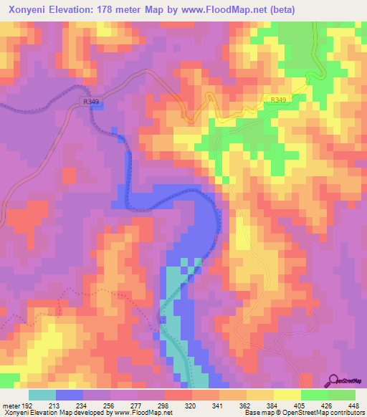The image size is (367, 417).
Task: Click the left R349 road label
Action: [x=91, y=102]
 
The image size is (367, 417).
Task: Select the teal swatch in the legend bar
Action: [x=42, y=395]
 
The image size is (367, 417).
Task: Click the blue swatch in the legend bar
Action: [x=69, y=395]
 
